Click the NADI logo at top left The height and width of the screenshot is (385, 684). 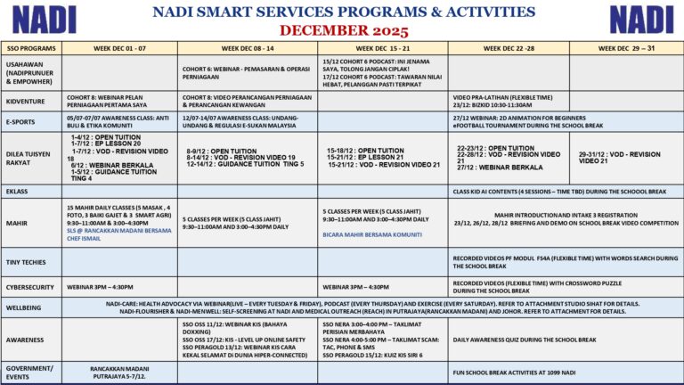45,19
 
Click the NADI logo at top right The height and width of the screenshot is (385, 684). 640,19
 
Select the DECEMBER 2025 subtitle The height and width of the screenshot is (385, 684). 342,29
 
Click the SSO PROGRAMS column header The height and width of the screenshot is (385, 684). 31,48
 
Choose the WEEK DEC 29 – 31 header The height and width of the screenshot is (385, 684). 626,48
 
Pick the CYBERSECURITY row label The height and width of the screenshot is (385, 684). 30,287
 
